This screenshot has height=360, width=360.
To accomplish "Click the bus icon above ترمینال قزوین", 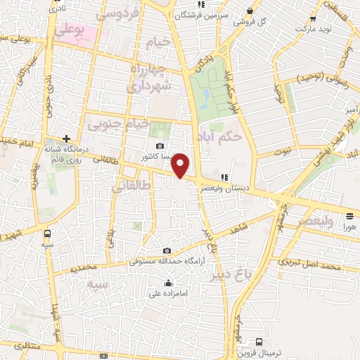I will [259, 342].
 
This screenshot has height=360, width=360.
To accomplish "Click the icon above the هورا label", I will [349, 217].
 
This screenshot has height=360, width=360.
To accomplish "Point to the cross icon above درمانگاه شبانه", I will [66, 139].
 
